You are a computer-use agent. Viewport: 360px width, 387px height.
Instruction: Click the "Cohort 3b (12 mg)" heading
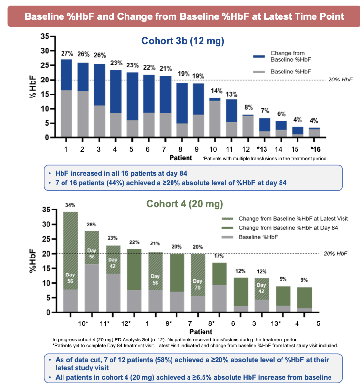(183, 41)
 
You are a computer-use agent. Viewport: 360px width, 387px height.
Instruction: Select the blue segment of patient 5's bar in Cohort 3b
(132, 96)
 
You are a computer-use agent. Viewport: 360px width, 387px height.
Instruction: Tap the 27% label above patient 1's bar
(67, 53)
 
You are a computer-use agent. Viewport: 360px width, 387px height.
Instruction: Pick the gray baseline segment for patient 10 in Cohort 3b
(215, 119)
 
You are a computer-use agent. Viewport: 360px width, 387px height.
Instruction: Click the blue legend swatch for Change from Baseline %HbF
(259, 57)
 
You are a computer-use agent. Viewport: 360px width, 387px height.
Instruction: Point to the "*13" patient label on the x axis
(262, 149)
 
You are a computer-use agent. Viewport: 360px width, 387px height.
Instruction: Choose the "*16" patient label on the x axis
(315, 149)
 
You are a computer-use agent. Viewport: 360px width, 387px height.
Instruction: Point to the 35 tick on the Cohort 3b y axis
(45, 36)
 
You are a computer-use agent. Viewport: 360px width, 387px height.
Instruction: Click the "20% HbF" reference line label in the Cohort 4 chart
(335, 254)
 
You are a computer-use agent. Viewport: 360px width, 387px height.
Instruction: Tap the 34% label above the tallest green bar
(70, 205)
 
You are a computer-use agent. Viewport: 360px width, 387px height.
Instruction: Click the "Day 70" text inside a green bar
(197, 284)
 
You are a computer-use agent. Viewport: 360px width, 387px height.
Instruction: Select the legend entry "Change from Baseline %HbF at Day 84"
(288, 228)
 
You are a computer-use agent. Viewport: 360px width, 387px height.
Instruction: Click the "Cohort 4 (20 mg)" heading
(185, 204)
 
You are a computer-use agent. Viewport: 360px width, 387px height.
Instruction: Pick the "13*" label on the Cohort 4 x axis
(276, 323)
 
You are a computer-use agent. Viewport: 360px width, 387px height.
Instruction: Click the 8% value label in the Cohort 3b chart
(249, 107)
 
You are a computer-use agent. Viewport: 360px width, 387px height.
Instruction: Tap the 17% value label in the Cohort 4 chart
(219, 256)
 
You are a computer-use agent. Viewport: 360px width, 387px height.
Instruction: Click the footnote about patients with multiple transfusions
(265, 159)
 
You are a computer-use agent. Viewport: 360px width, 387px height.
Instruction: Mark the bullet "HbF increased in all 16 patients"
(121, 173)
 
